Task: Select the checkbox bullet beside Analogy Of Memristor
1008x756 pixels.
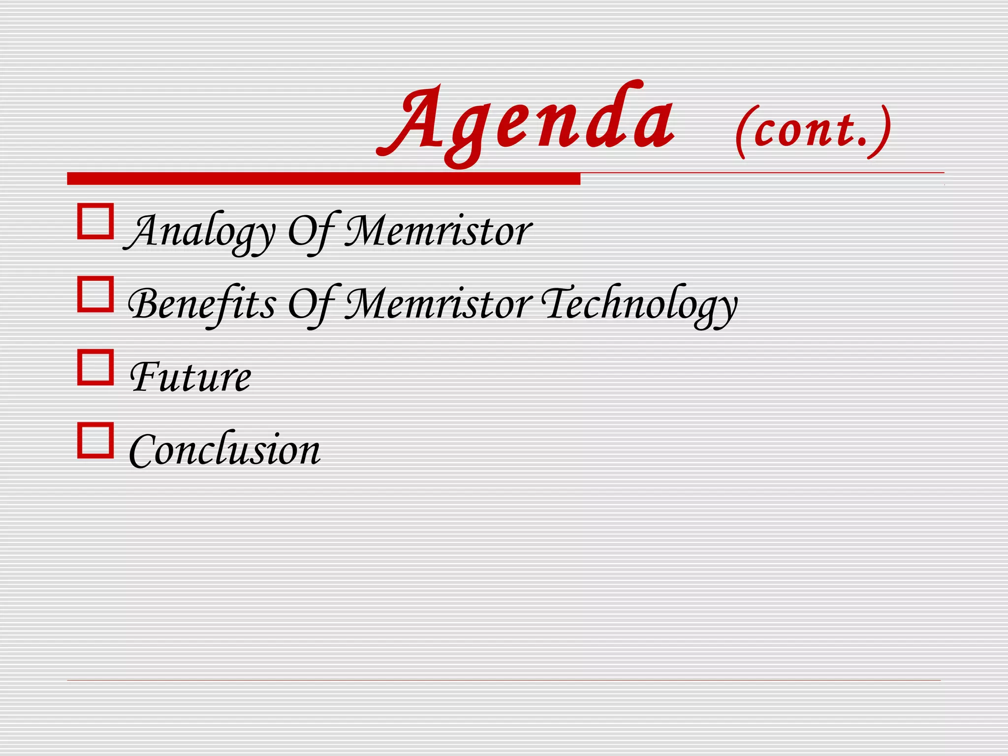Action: tap(95, 221)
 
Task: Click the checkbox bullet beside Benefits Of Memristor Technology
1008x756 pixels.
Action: tap(95, 294)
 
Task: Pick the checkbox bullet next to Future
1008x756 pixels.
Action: tap(95, 367)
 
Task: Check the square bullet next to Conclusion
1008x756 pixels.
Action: tap(95, 440)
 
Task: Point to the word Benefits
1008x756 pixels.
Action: tap(202, 304)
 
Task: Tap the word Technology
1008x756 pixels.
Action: tap(640, 304)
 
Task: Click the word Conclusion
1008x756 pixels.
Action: tap(224, 450)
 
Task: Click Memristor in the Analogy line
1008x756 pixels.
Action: tap(438, 231)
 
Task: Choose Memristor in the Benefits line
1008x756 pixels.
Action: tap(438, 304)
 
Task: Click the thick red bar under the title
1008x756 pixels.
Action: tap(323, 179)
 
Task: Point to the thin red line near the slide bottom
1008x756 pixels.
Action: tap(504, 681)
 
